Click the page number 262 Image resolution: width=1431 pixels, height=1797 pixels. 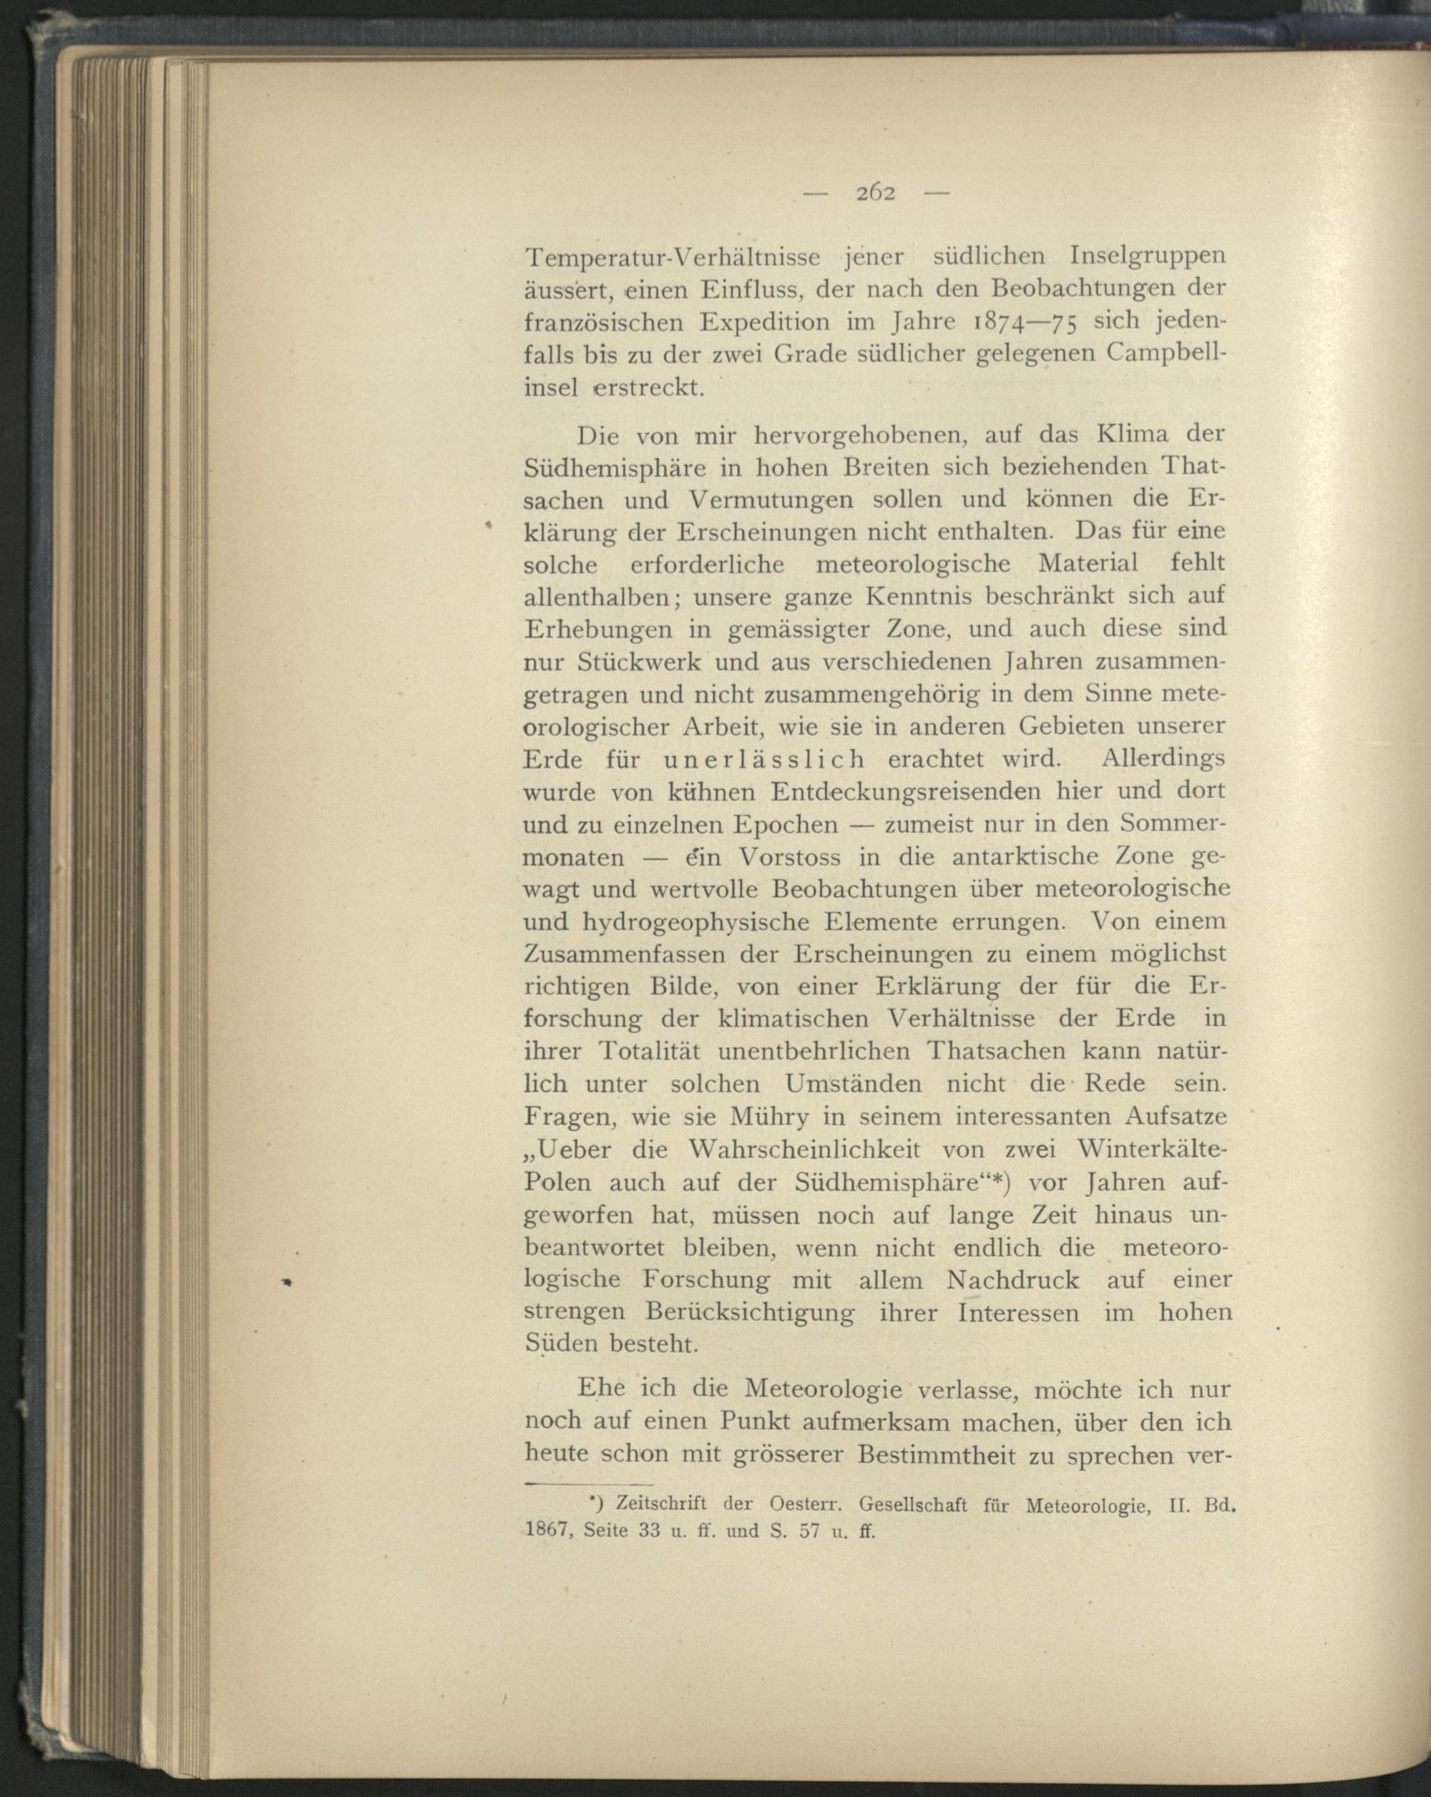pyautogui.click(x=875, y=193)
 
